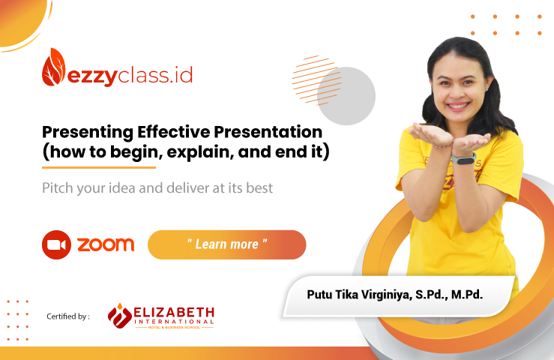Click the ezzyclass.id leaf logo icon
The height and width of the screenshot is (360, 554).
coord(54,67)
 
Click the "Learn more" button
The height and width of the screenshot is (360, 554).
coord(227,244)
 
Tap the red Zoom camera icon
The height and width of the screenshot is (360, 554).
coord(56,244)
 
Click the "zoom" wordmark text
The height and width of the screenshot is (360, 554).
coord(106,244)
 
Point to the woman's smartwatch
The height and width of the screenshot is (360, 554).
coord(463,159)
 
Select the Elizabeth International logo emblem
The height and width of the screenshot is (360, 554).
coord(120,316)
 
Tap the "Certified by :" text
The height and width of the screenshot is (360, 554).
coord(68,316)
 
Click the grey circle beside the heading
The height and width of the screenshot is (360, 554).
coord(346,96)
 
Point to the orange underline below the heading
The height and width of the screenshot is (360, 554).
coord(99,167)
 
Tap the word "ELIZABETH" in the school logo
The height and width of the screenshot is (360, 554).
coord(174,313)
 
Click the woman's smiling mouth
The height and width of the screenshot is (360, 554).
coord(458,106)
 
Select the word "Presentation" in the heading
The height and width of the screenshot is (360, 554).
coord(268,132)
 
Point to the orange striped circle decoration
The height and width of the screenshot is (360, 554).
coord(314,80)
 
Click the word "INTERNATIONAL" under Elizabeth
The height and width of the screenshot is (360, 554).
coord(174,322)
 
